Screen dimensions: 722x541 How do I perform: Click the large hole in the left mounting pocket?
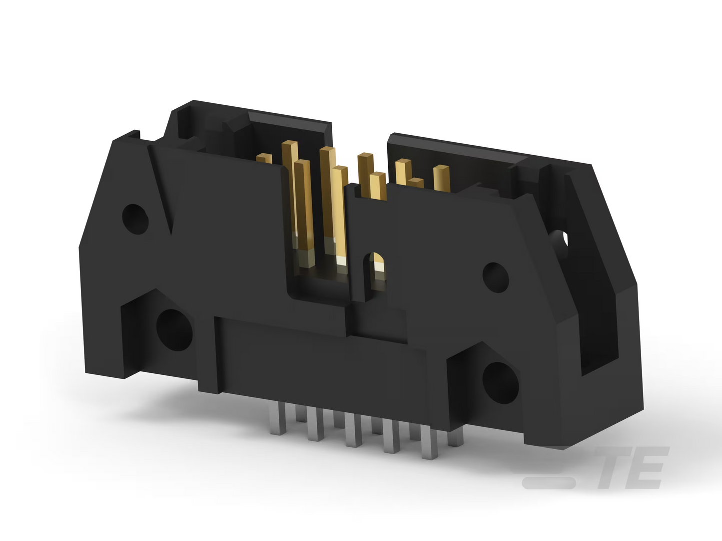tap(174, 330)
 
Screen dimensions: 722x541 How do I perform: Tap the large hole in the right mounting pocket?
tap(501, 383)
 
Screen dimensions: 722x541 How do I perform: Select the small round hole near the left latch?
tap(135, 219)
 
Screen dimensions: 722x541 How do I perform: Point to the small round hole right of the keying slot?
tap(496, 277)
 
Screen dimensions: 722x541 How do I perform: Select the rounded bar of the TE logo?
tap(549, 483)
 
